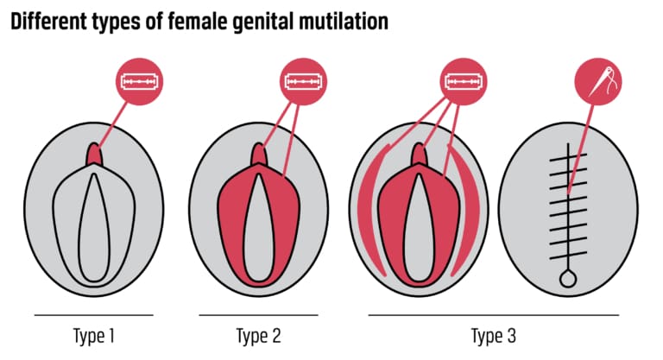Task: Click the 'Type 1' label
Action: pyautogui.click(x=93, y=334)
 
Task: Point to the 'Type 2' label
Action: pyautogui.click(x=258, y=334)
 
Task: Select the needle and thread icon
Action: pyautogui.click(x=598, y=85)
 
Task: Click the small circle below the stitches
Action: pyautogui.click(x=568, y=278)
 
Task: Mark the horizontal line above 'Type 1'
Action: pyautogui.click(x=93, y=315)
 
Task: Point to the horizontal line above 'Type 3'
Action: pyautogui.click(x=493, y=315)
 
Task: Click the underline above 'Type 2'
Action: pyautogui.click(x=258, y=315)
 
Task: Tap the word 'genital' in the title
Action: pyautogui.click(x=262, y=21)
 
